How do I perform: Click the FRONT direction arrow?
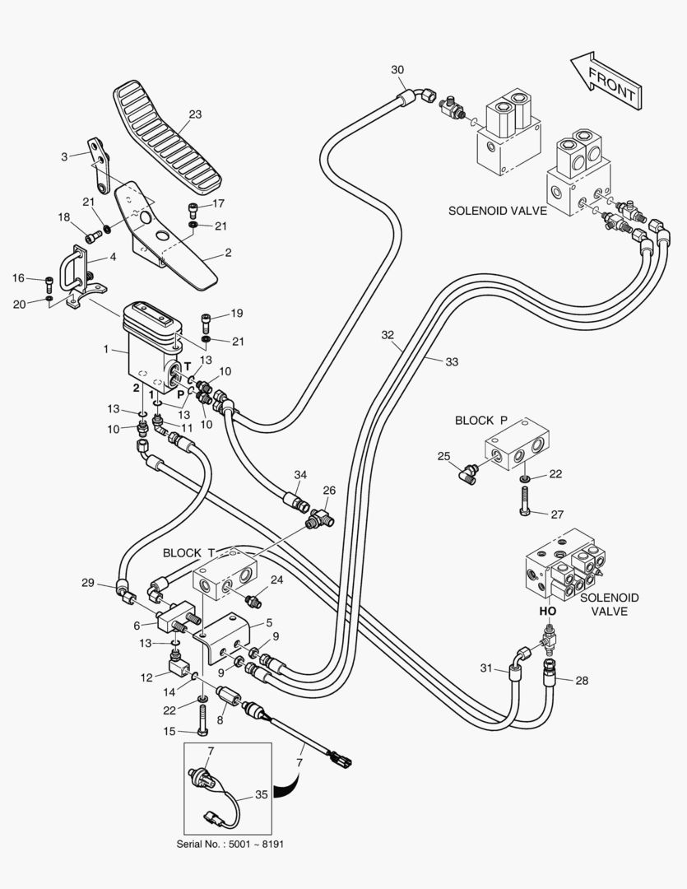point(606,81)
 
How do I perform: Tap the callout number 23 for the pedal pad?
point(195,114)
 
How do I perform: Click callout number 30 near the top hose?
point(397,70)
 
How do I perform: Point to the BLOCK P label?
point(481,420)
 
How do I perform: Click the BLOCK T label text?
point(189,553)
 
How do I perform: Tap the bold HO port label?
point(548,611)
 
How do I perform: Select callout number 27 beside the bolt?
point(557,514)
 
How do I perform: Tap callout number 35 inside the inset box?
point(262,794)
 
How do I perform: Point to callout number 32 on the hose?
point(388,335)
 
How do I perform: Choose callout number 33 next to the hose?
point(451,361)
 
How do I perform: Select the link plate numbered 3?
point(99,165)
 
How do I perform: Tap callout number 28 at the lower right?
point(583,681)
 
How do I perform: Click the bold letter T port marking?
point(188,367)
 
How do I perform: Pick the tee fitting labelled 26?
point(320,516)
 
